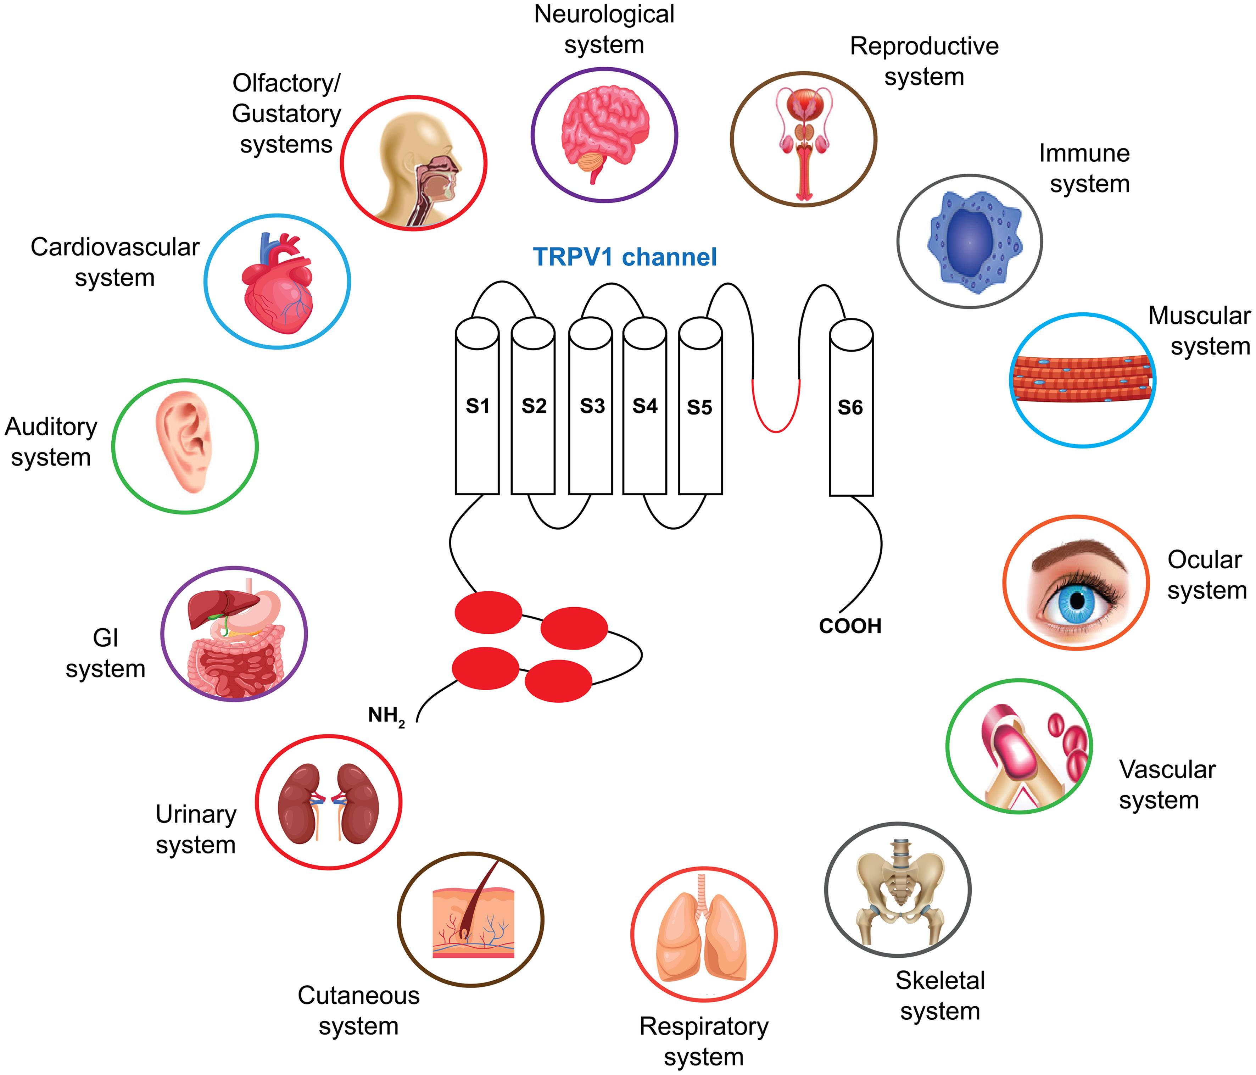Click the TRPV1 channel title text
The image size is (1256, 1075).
pyautogui.click(x=624, y=257)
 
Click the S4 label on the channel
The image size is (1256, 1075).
pyautogui.click(x=644, y=406)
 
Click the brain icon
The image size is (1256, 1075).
pyautogui.click(x=604, y=130)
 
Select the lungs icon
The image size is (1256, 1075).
pyautogui.click(x=703, y=937)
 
